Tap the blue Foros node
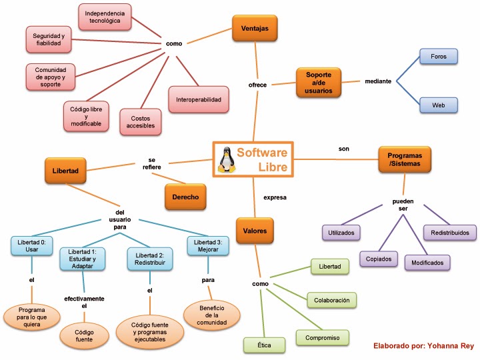(439, 57)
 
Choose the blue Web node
(439, 105)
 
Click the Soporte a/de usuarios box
(319, 82)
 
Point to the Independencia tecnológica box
(105, 17)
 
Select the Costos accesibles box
(141, 121)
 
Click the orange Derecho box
(185, 197)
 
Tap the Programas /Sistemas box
(405, 160)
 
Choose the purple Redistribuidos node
(450, 233)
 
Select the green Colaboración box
(331, 300)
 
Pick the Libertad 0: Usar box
(31, 245)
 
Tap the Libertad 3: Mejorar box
(207, 245)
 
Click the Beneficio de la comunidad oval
(211, 315)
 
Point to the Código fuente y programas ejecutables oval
(149, 331)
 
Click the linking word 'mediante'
(378, 81)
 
